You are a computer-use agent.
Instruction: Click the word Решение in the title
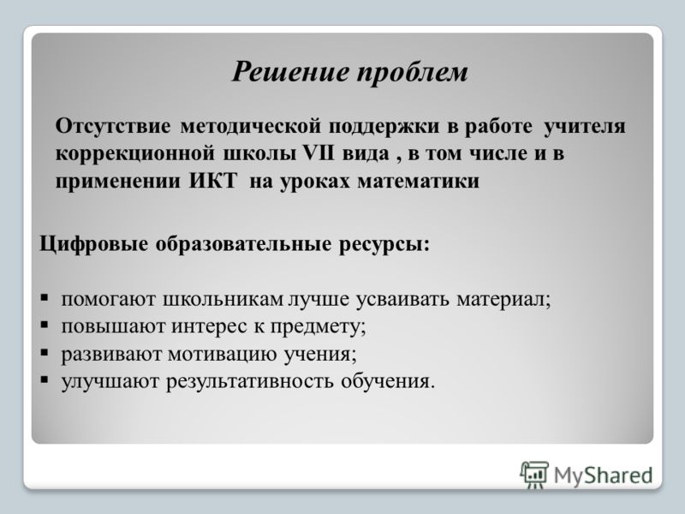pos(290,71)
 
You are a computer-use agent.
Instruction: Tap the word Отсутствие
pos(113,126)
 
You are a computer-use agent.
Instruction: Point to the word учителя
pos(585,127)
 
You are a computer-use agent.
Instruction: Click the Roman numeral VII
pos(319,153)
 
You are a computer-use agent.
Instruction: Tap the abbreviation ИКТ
pos(213,181)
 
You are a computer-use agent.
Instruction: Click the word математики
pos(419,181)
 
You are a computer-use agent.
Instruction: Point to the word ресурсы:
pos(384,244)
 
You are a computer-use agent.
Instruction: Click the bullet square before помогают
pos(45,297)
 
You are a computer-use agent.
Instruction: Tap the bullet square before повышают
pos(45,325)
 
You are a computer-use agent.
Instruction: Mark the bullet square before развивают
pos(45,352)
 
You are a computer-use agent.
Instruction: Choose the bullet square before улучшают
pos(45,379)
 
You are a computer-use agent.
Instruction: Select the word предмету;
pos(318,327)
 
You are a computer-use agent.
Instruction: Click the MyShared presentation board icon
pos(533,475)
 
